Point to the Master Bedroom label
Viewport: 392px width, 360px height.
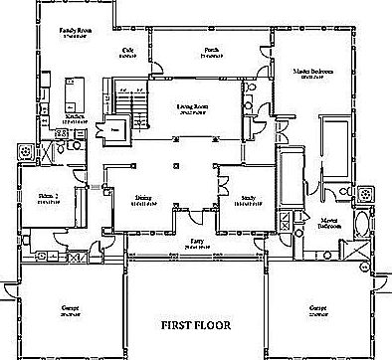[312, 73]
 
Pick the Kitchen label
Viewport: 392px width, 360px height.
[76, 117]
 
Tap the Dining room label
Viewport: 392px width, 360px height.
[144, 199]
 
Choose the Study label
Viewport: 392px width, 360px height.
[247, 199]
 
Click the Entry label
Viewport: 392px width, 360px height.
[195, 242]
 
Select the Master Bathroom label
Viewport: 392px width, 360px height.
[330, 224]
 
